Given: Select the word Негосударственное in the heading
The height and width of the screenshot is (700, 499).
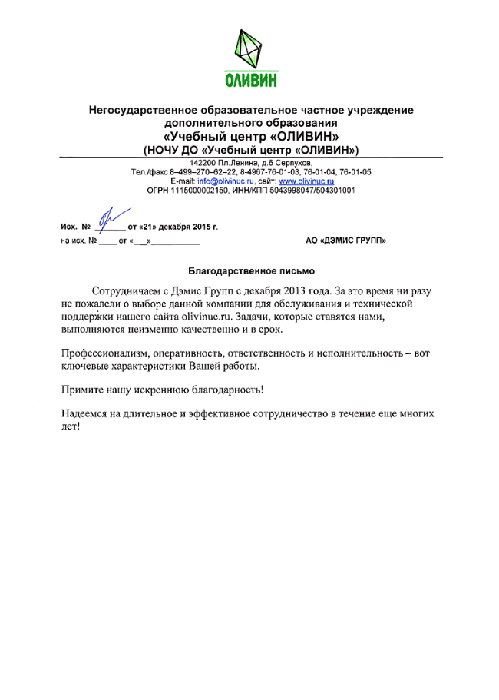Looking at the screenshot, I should (x=144, y=110).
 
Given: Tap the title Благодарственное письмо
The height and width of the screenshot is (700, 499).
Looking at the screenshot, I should (x=251, y=270).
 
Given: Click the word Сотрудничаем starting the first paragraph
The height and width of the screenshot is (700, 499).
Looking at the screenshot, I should (x=127, y=292).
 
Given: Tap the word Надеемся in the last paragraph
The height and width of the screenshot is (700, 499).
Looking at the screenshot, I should (x=84, y=413).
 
